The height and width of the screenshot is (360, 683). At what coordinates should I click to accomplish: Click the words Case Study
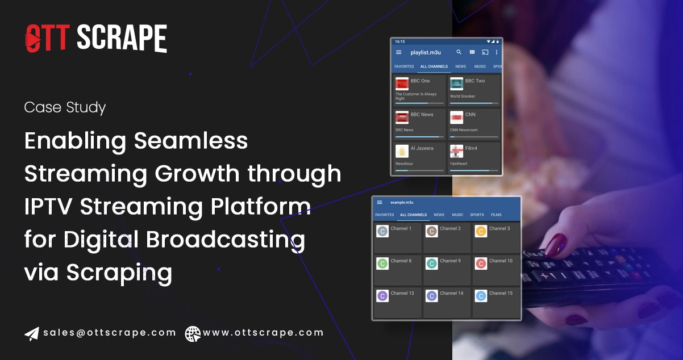(x=65, y=107)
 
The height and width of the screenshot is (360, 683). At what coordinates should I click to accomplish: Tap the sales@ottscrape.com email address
(x=109, y=333)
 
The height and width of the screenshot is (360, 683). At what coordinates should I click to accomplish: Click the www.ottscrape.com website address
(x=263, y=333)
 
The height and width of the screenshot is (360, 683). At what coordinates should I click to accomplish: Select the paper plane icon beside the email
(x=31, y=333)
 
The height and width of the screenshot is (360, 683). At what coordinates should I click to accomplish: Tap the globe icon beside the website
(x=193, y=333)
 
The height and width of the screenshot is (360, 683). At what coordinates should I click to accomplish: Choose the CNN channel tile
(x=474, y=123)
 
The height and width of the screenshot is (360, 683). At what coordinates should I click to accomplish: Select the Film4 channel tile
(x=474, y=156)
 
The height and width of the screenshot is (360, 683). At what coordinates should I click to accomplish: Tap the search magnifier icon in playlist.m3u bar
(x=459, y=52)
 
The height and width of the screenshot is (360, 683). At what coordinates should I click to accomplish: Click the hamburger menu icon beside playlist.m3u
(x=398, y=52)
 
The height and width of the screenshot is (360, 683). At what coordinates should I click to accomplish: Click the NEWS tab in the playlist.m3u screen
(x=460, y=66)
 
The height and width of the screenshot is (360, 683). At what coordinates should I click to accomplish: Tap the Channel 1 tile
(x=398, y=237)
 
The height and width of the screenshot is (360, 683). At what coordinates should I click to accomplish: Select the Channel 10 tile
(x=496, y=269)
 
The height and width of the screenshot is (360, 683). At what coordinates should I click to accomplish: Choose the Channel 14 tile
(x=447, y=302)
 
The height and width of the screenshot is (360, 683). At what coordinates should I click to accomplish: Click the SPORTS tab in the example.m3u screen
(x=477, y=215)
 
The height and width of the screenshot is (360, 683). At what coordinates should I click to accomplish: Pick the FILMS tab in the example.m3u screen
(x=496, y=215)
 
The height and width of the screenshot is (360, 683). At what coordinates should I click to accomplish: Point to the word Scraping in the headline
(x=119, y=273)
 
